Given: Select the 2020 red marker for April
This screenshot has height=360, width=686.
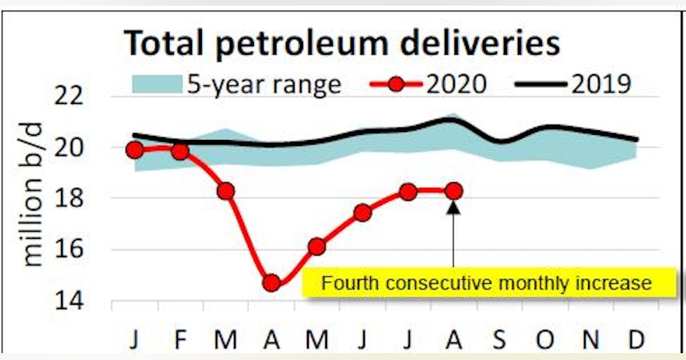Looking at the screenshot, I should [272, 282].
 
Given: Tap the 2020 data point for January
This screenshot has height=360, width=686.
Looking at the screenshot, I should [135, 150].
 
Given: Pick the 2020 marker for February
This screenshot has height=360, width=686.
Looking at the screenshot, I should [180, 151].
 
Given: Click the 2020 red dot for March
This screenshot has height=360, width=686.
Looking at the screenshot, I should [226, 191].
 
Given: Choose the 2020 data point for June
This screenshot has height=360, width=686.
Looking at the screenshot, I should [362, 213].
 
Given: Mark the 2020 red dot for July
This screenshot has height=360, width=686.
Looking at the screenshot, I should [408, 192].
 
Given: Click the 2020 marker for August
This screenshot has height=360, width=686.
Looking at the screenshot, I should [453, 191].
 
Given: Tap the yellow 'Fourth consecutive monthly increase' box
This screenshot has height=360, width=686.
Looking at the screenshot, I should [486, 283].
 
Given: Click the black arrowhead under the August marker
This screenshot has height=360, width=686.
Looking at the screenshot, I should [453, 206].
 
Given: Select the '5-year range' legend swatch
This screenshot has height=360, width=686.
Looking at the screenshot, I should [156, 85].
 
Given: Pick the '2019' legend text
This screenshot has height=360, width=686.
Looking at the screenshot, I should [601, 85].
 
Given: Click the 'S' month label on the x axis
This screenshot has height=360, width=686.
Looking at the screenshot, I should [499, 341].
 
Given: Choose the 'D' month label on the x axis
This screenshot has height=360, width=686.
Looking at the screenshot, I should [636, 341].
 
